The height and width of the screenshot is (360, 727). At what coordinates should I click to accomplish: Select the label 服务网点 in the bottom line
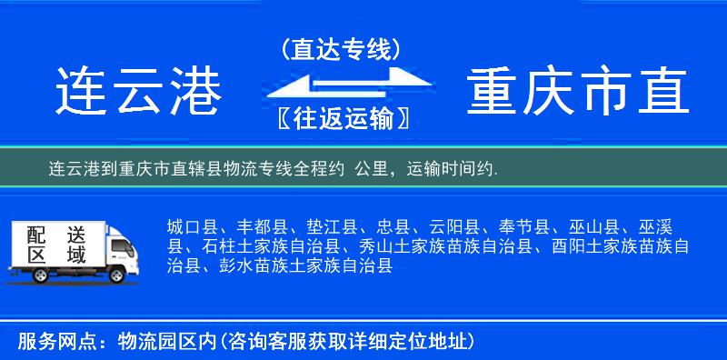55,342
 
